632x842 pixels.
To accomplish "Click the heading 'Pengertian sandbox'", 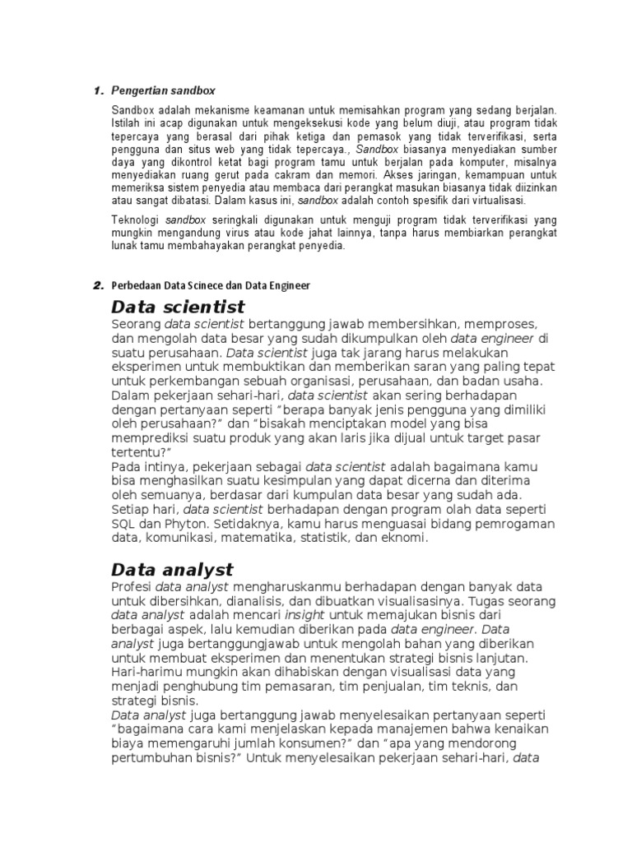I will tap(163, 90).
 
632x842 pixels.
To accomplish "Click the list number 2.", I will tap(97, 285).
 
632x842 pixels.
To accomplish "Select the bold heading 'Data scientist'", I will tap(178, 308).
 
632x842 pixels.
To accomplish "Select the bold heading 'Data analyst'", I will tap(172, 569).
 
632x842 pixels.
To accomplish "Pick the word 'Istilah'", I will tap(127, 123).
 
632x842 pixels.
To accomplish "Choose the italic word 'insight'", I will tap(304, 615).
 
